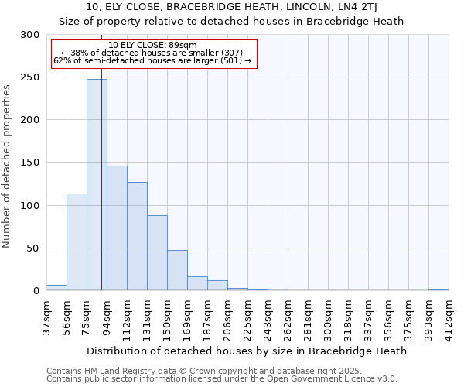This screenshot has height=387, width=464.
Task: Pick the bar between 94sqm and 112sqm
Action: pos(117,228)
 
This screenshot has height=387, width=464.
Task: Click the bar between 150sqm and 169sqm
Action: pos(177,270)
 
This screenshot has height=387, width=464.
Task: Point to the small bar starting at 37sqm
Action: pos(56,288)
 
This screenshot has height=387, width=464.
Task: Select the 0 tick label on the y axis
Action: pos(36,291)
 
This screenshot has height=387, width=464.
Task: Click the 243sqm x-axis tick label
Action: pos(268,317)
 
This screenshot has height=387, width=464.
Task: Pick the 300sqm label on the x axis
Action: pos(328,317)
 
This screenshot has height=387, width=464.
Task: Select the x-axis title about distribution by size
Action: pos(247,351)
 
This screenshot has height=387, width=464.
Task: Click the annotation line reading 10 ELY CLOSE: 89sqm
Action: pos(152,46)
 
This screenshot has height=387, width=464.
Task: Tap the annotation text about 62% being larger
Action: pos(152,60)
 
